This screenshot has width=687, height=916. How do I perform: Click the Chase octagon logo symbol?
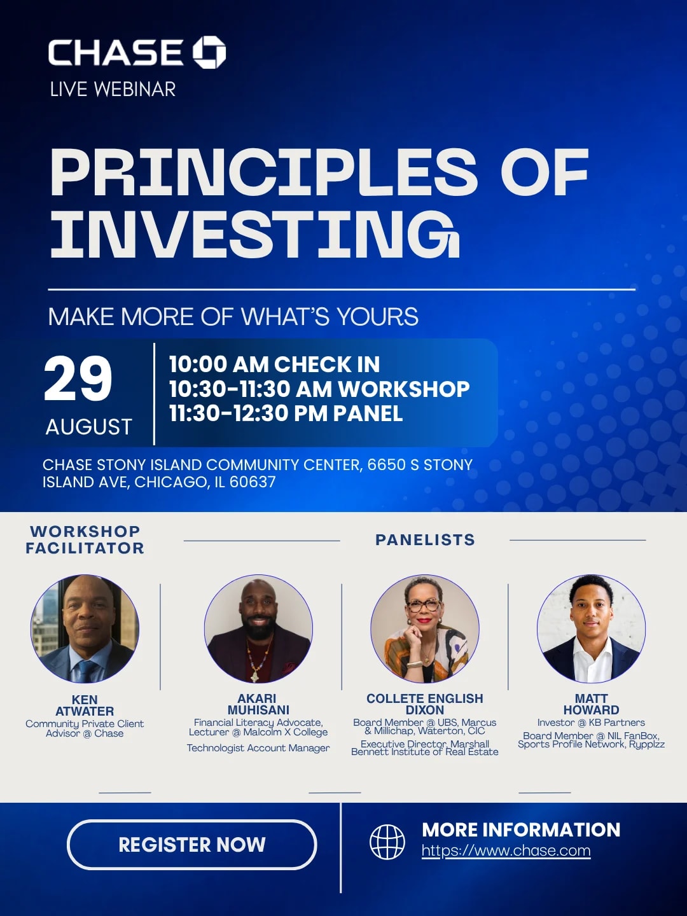[209, 53]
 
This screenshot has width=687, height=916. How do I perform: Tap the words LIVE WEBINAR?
[113, 90]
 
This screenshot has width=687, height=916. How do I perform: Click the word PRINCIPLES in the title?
[263, 172]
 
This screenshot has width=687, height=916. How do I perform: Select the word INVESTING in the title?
[255, 233]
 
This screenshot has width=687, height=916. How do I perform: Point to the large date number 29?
[78, 379]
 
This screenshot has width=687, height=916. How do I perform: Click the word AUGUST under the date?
[89, 427]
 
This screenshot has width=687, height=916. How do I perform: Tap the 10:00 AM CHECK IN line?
[274, 364]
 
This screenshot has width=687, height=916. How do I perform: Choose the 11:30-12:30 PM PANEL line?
[286, 413]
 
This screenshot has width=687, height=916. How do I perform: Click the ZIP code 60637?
[253, 482]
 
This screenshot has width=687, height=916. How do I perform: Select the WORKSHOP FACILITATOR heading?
[85, 539]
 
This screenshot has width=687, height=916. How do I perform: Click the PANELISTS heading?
[425, 539]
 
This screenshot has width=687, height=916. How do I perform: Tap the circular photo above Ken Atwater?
[85, 628]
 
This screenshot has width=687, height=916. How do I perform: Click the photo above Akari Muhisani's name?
[259, 628]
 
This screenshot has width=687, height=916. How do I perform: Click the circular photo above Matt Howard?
[591, 628]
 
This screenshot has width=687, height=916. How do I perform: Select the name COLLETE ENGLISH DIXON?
[425, 704]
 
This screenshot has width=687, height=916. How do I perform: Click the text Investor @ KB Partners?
[591, 723]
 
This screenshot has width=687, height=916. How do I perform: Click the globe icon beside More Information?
[387, 842]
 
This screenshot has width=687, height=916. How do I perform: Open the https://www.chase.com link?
[506, 850]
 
